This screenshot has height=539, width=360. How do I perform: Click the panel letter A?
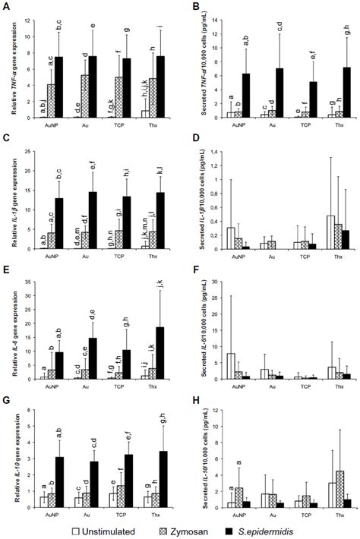pos(5,7)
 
